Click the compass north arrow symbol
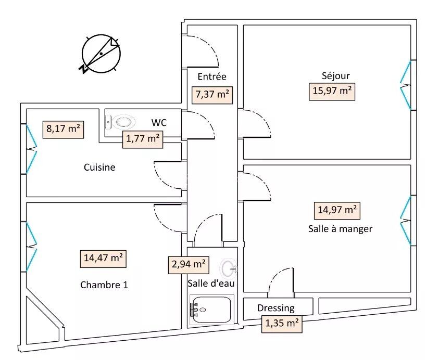tap(101, 53)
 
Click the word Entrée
tap(212, 76)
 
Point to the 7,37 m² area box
tap(212, 95)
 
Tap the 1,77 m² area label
tap(142, 139)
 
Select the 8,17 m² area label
tap(64, 128)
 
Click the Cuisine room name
tap(99, 168)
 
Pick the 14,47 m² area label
tap(104, 258)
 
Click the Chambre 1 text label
tap(104, 285)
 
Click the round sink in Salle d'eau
tap(228, 268)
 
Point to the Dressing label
tap(276, 308)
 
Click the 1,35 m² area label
tap(282, 323)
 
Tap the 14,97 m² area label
tap(337, 210)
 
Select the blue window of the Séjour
tap(406, 85)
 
